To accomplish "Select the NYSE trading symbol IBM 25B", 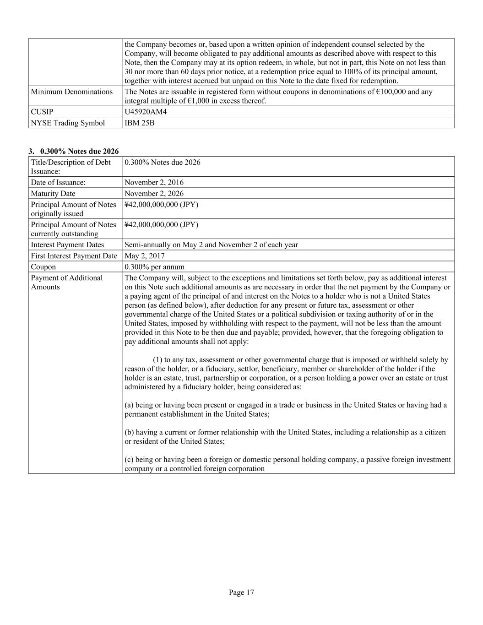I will coord(140,123).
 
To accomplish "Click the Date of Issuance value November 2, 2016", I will coord(154,182).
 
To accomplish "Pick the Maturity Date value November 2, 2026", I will coord(154,193).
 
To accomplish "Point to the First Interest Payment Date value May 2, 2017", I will coord(145,255).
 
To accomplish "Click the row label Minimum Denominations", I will coord(71,92).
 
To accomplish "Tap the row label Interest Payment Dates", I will coord(67,245).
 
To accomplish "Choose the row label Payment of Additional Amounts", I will coord(66,282).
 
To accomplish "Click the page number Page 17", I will coord(241,592).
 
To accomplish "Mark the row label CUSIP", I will coord(42,112).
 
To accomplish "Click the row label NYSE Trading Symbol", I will coord(68,123).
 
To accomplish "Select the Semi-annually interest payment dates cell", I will coord(211,245).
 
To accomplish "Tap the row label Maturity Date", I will coord(53,193).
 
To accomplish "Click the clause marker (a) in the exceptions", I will coord(129,405).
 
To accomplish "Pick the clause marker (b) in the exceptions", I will coord(129,432).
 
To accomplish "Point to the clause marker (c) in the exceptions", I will coord(129,459).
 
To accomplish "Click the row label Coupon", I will coord(43,266).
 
